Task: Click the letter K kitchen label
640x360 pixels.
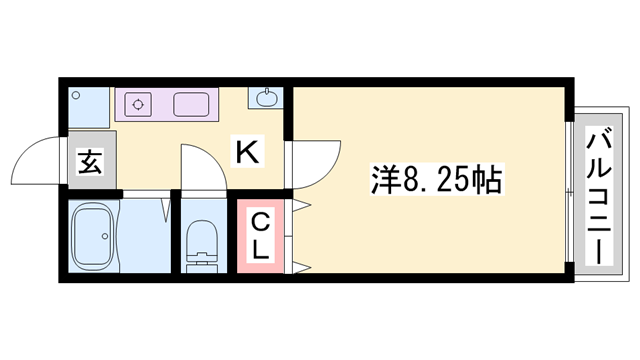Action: click(x=248, y=151)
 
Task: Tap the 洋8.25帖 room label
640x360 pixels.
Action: click(x=437, y=179)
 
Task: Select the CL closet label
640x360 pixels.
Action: click(x=260, y=237)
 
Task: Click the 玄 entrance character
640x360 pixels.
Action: click(x=90, y=161)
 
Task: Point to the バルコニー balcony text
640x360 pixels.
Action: click(x=599, y=196)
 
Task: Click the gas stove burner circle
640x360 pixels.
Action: click(x=138, y=104)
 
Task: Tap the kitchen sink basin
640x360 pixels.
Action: click(x=191, y=104)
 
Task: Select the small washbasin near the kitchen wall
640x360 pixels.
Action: click(x=266, y=98)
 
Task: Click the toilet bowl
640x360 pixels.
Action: click(x=202, y=238)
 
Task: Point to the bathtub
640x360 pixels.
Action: click(x=92, y=236)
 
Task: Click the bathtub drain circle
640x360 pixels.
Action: click(x=105, y=236)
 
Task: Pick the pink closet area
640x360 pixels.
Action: click(x=260, y=236)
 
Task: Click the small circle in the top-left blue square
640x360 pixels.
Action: click(x=76, y=96)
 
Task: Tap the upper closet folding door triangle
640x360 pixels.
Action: click(x=302, y=205)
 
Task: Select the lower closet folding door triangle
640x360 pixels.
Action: click(x=302, y=268)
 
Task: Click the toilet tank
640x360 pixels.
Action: click(x=202, y=262)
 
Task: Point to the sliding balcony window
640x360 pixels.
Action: click(x=570, y=192)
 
